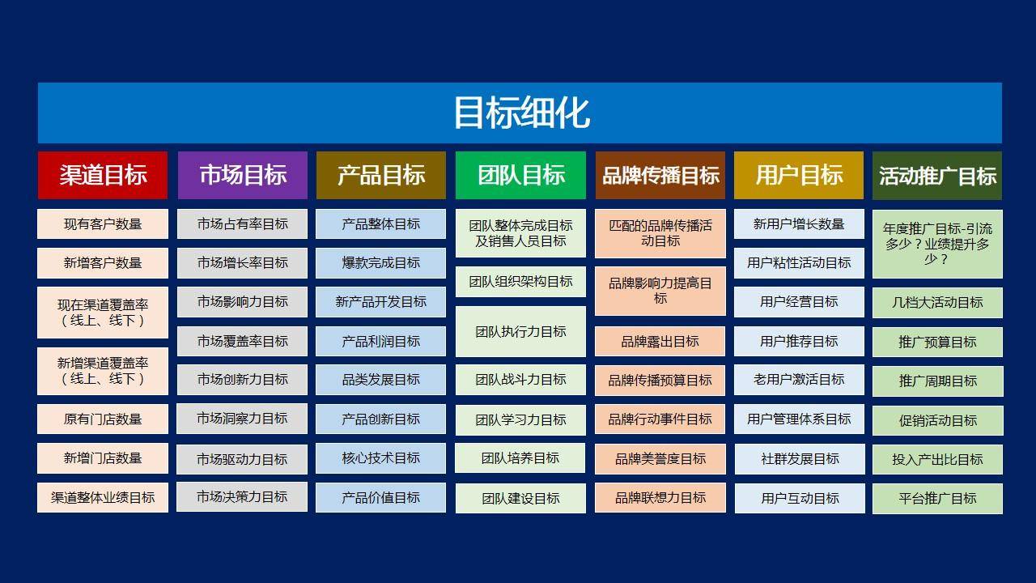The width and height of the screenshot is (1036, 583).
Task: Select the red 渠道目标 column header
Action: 103,176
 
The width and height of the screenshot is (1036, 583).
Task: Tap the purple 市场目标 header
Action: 242,176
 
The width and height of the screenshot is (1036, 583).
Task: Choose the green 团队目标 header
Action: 520,176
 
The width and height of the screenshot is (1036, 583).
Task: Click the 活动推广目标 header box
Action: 937,176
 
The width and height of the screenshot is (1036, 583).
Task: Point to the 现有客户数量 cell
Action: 103,224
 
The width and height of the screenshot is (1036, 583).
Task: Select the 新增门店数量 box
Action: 103,458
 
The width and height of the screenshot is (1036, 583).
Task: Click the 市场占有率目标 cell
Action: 242,224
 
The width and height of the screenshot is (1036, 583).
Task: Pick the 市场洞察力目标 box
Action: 242,419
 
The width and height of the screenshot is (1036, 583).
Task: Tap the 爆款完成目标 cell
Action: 380,263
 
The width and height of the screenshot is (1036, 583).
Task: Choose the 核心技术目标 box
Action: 380,458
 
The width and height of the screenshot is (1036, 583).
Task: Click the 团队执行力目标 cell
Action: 520,331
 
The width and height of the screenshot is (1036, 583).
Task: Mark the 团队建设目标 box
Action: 520,498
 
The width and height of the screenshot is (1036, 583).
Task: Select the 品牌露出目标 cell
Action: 660,342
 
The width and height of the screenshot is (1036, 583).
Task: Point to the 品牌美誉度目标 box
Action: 660,459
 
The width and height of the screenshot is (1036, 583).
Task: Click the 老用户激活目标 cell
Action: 799,380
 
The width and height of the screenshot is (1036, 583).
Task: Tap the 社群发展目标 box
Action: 800,459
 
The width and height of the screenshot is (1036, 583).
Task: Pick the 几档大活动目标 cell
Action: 937,303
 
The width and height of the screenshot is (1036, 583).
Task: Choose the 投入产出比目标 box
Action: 937,459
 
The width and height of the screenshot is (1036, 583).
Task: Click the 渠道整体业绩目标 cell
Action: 103,497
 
